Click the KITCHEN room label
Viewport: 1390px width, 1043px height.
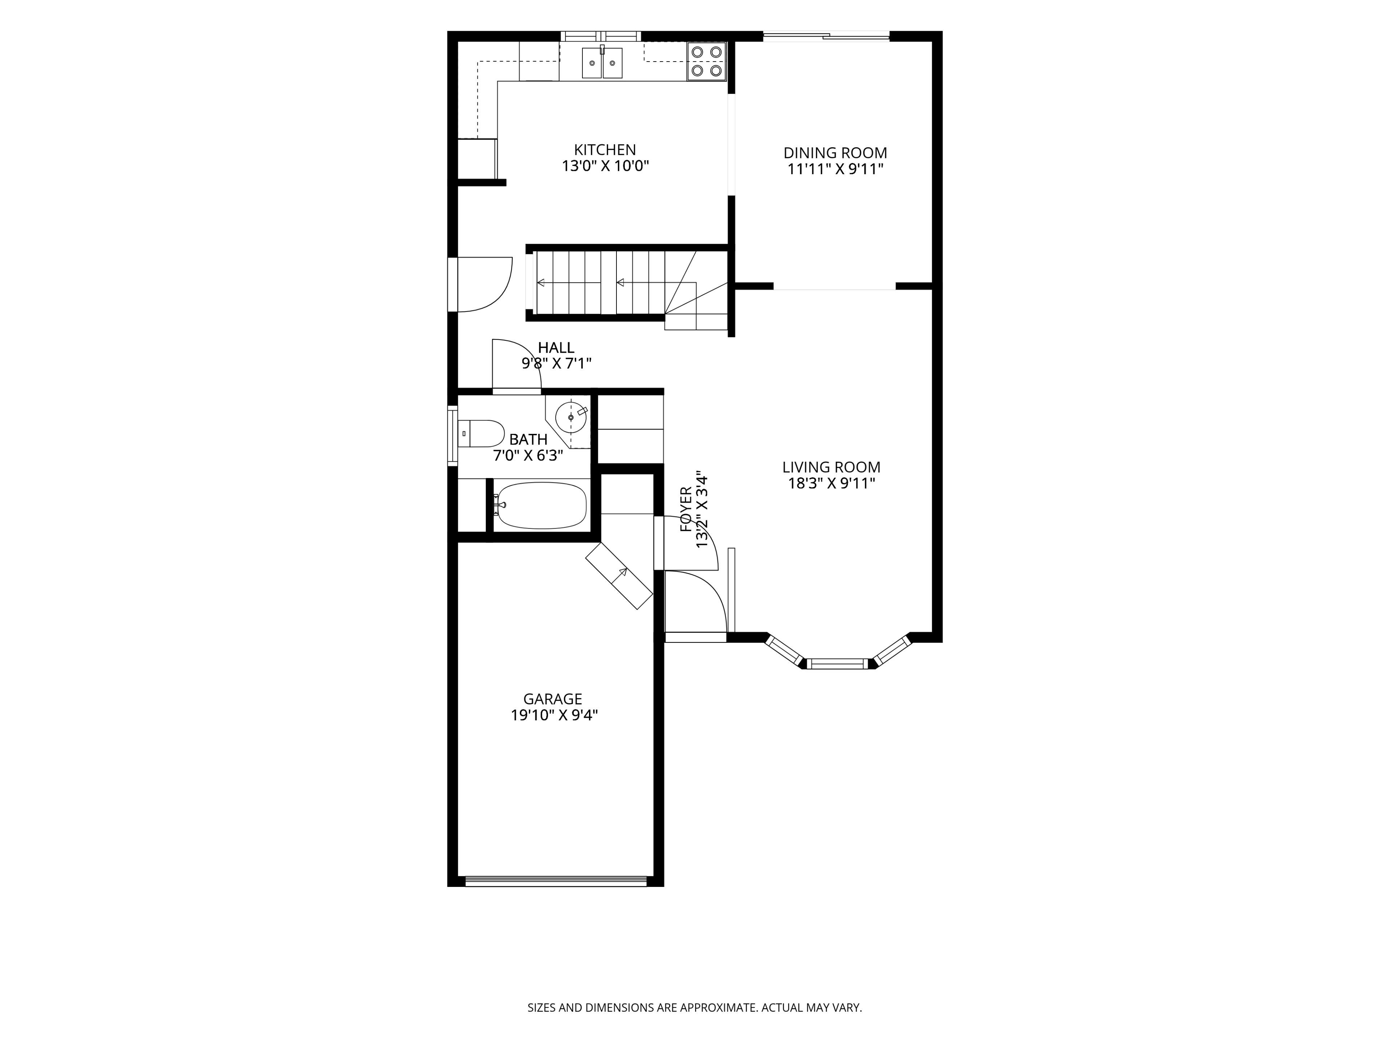(x=605, y=150)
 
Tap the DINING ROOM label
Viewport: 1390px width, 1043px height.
(x=835, y=153)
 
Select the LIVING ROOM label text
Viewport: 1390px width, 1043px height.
(x=831, y=467)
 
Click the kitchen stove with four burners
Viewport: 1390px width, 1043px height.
(x=706, y=61)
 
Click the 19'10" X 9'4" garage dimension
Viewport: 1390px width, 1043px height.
(x=553, y=716)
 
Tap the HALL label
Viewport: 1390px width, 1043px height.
(x=556, y=348)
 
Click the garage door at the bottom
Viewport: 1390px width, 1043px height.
(x=556, y=881)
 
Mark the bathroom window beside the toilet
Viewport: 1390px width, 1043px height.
(x=452, y=436)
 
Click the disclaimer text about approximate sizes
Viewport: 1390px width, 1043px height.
(x=694, y=1008)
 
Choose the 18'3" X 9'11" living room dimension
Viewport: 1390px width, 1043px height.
(x=831, y=483)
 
